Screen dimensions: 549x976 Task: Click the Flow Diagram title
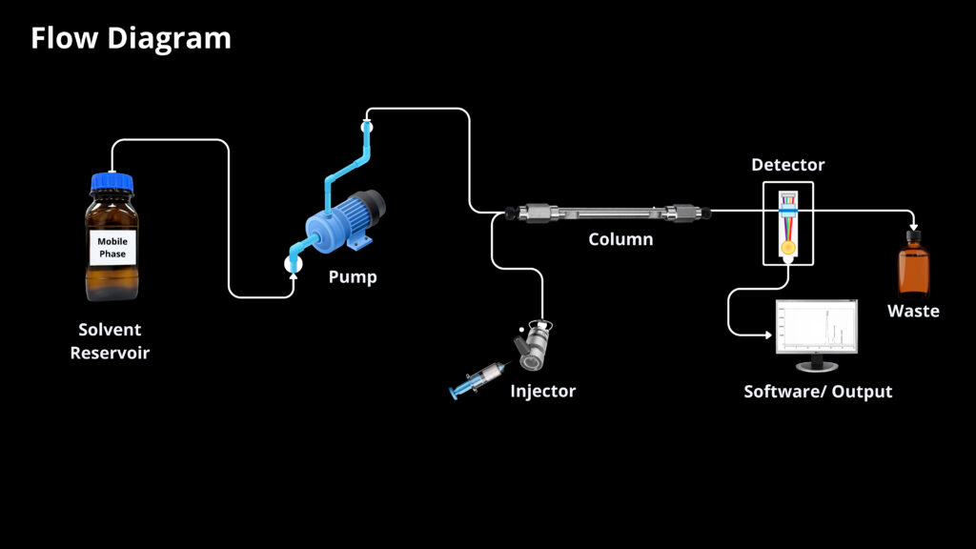coord(131,38)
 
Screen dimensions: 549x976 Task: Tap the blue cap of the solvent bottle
coord(112,181)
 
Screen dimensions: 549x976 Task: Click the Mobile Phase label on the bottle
coord(112,248)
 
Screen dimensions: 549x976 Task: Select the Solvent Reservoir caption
coord(110,341)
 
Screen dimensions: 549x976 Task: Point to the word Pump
coord(353,277)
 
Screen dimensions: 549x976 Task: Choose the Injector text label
coord(542,391)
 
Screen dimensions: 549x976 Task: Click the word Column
coord(620,239)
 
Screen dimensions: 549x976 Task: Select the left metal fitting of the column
coord(526,211)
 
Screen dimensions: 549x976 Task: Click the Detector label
coord(787,165)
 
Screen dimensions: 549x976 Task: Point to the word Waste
coord(913,311)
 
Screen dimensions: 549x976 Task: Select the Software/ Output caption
coord(818,391)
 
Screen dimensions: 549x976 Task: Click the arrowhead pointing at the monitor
coord(769,335)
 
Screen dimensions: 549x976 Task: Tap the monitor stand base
coord(816,367)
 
